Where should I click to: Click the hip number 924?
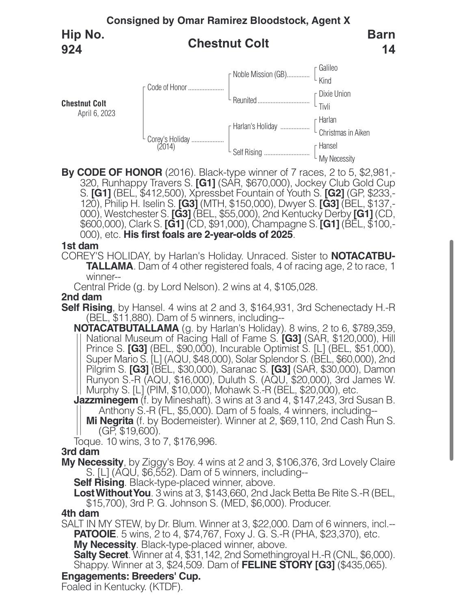coord(71,50)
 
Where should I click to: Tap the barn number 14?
coord(388,50)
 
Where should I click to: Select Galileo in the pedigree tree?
coord(328,68)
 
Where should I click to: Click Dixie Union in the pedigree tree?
coord(334,94)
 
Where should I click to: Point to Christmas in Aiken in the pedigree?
coord(344,133)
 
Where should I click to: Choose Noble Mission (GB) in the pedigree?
coord(260,75)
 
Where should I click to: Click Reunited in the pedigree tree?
coord(245,100)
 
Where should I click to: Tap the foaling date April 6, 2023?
coord(96,113)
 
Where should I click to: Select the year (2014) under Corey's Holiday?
coord(166,147)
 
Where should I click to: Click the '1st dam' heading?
coord(80,246)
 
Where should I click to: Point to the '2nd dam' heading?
coord(81,297)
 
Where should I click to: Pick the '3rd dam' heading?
coord(80,451)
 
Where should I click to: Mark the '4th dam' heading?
coord(80,513)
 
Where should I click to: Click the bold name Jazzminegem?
coord(106,400)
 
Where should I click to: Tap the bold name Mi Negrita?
coord(110,421)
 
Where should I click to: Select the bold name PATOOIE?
coord(95,534)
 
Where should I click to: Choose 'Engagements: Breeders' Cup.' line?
coord(131,576)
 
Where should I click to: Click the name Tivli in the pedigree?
coord(324,107)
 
